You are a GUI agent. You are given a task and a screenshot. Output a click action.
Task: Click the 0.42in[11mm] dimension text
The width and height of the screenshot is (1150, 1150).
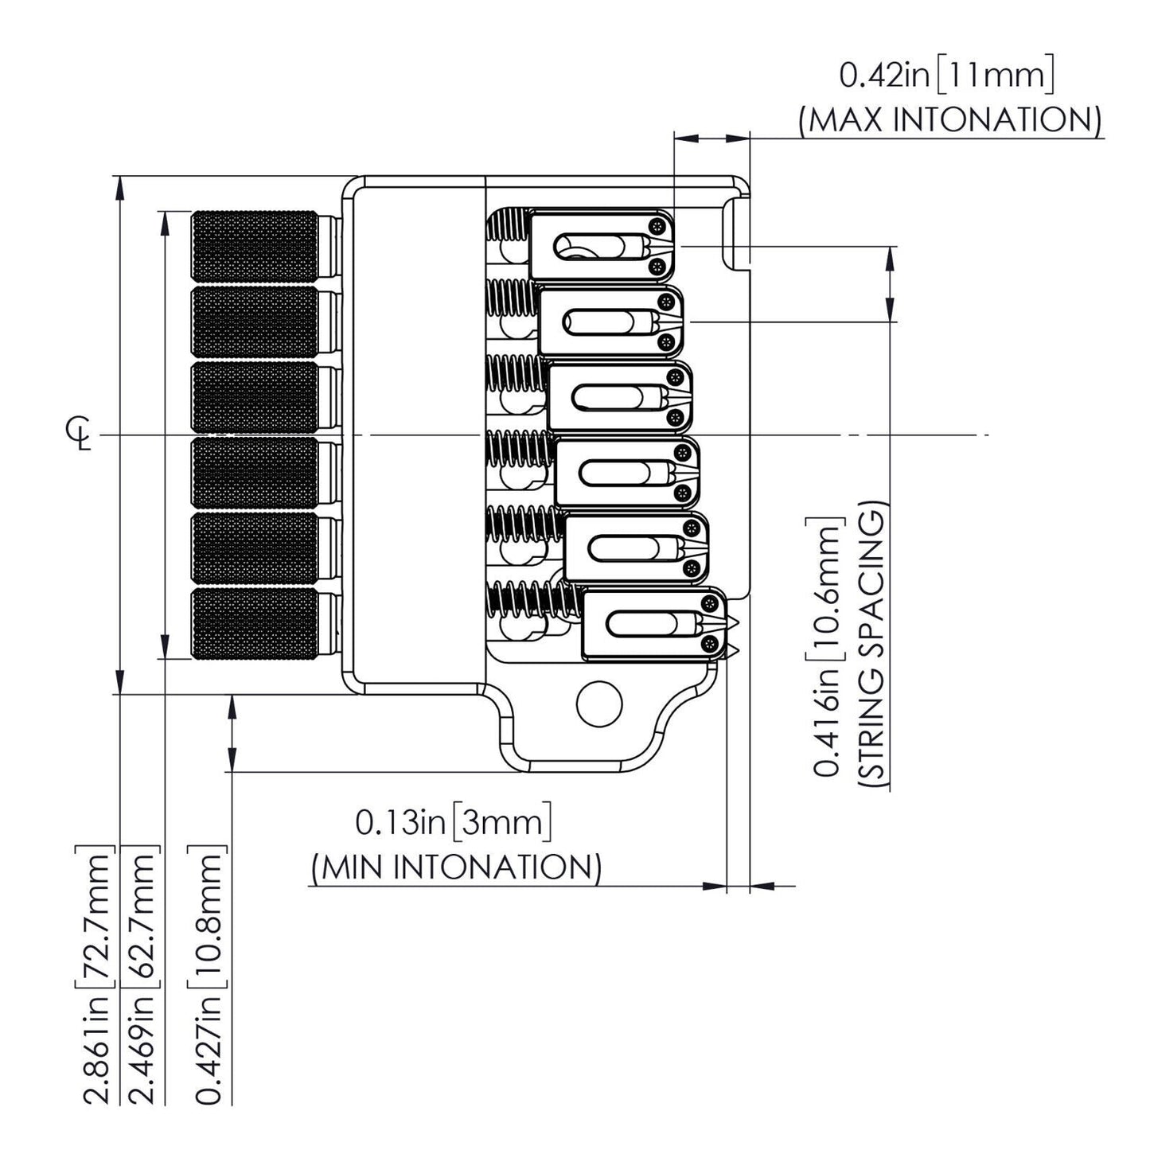[947, 76]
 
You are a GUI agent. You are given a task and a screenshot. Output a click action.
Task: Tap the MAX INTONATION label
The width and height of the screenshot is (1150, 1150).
[951, 120]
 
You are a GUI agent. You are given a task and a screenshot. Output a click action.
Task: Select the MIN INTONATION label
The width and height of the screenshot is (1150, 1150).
[456, 867]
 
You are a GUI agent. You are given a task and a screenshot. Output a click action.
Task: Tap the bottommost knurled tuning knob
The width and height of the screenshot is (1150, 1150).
[255, 624]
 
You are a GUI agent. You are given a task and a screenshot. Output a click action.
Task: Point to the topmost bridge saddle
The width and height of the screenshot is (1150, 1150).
[603, 246]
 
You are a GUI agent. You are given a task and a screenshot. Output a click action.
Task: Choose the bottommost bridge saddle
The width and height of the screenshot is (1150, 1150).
[654, 624]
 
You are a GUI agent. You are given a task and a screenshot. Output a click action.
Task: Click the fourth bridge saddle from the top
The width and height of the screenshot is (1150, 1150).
[627, 472]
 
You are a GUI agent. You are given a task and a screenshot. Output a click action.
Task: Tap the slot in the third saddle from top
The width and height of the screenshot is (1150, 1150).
[605, 397]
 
